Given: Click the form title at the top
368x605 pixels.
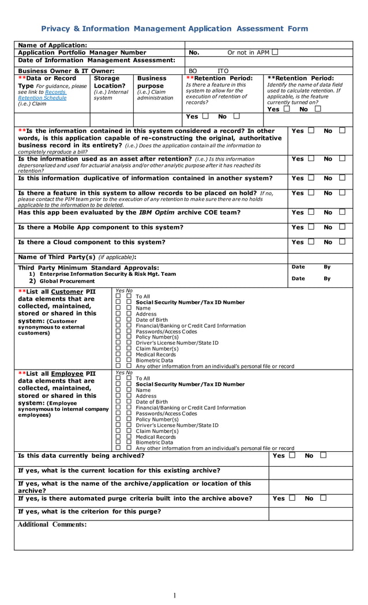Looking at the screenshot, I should (174, 29).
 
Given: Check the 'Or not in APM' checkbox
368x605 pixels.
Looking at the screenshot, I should (275, 52).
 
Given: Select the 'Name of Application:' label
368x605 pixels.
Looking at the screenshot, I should (52, 45).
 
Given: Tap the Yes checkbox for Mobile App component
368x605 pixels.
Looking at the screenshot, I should (311, 227).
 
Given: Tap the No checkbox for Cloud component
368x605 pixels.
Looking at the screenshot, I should (342, 242).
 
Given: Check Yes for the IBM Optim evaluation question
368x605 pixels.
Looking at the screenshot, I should (311, 212).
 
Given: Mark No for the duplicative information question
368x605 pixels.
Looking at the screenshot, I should (342, 178).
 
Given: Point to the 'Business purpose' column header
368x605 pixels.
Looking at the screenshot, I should (151, 82).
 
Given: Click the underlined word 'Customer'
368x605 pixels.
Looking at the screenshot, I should (67, 292).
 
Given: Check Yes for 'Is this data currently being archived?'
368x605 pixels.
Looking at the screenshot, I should (292, 455).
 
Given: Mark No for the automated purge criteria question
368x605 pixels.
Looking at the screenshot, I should (323, 498).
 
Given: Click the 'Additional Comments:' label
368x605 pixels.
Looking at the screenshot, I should (52, 524).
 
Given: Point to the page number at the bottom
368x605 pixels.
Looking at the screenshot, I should (175, 595).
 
